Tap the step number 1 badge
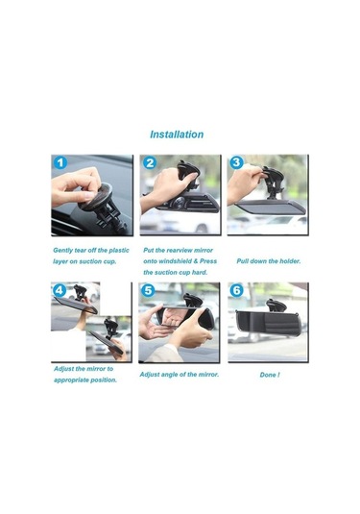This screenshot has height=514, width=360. coord(60,163)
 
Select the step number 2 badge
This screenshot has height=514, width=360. coord(150,163)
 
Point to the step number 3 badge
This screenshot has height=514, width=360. coord(237,163)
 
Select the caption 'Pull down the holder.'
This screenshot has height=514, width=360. coord(269,260)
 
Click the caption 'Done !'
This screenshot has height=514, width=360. coord(270,375)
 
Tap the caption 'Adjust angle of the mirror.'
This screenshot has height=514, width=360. coord(180,374)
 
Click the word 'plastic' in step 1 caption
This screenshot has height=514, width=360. coord(116,249)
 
